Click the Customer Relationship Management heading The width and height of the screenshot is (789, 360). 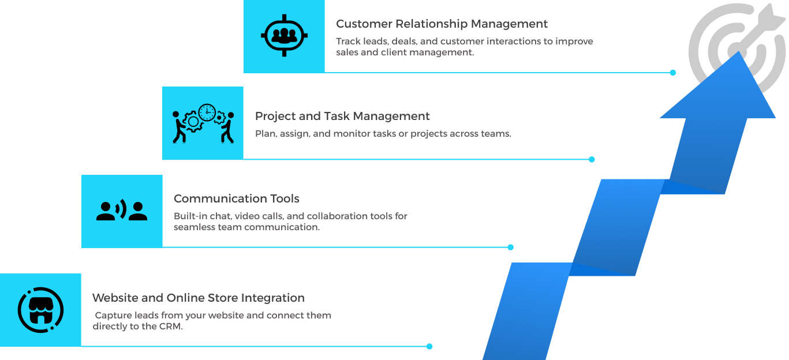click(442, 24)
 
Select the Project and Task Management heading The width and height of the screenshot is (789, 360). click(342, 116)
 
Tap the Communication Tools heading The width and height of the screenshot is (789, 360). click(236, 198)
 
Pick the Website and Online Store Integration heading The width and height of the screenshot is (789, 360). click(198, 298)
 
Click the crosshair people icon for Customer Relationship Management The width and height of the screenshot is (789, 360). click(283, 36)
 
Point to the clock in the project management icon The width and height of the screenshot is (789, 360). click(207, 112)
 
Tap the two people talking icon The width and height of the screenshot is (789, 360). click(122, 211)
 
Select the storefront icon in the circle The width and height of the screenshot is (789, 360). click(40, 310)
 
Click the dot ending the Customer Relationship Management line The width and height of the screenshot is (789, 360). click(672, 73)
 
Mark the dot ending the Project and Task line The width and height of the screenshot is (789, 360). click(592, 159)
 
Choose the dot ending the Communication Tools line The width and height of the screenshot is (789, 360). click(510, 247)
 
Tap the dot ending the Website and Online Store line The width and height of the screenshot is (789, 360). click(429, 346)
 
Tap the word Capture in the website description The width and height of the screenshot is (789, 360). click(113, 316)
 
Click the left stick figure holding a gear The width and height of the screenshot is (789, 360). click(180, 127)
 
